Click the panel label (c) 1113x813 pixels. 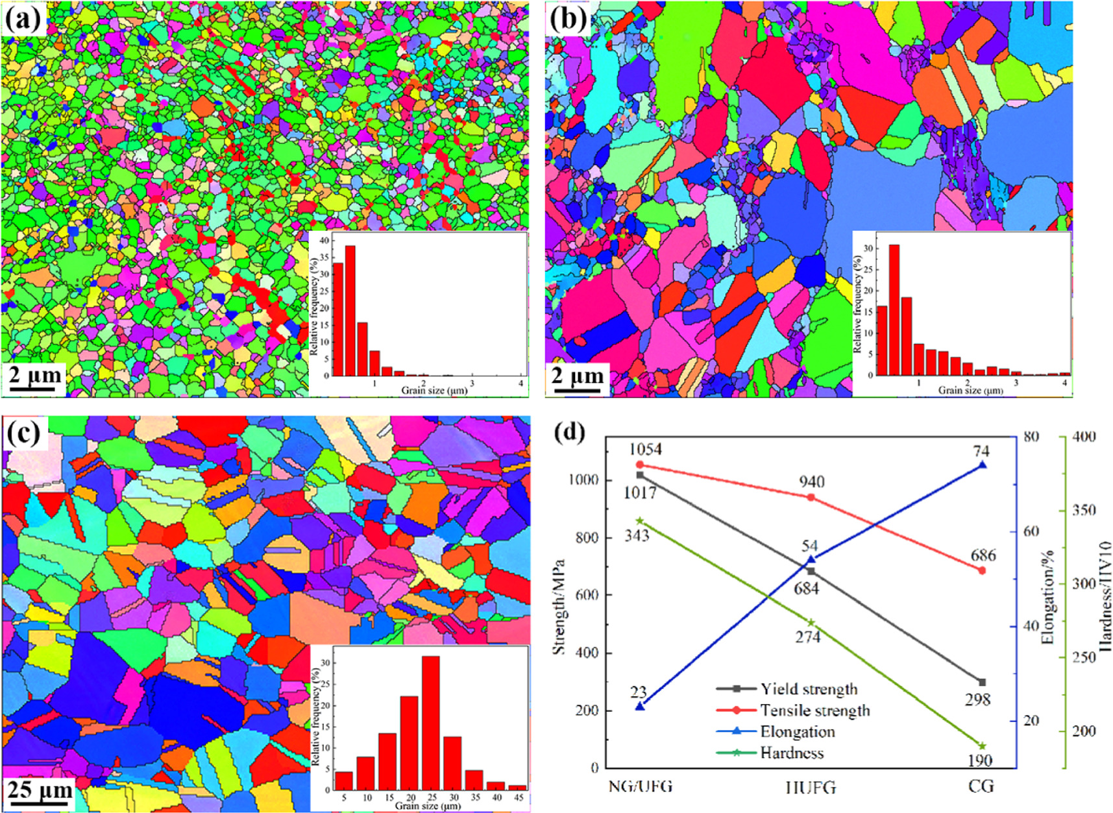pyautogui.click(x=25, y=433)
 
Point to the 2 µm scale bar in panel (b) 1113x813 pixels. pyautogui.click(x=577, y=377)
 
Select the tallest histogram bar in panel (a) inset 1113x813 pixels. pyautogui.click(x=350, y=310)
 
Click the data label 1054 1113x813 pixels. pyautogui.click(x=645, y=449)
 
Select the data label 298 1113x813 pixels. pyautogui.click(x=977, y=699)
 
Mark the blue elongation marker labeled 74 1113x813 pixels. pyautogui.click(x=982, y=465)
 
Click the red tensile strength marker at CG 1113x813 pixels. pyautogui.click(x=982, y=570)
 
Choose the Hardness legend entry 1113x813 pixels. pyautogui.click(x=792, y=753)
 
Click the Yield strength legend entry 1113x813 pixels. pyautogui.click(x=809, y=689)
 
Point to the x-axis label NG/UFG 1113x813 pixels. pyautogui.click(x=640, y=787)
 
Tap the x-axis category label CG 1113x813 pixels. pyautogui.click(x=981, y=787)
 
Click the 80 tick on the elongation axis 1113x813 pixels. pyautogui.click(x=1031, y=437)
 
